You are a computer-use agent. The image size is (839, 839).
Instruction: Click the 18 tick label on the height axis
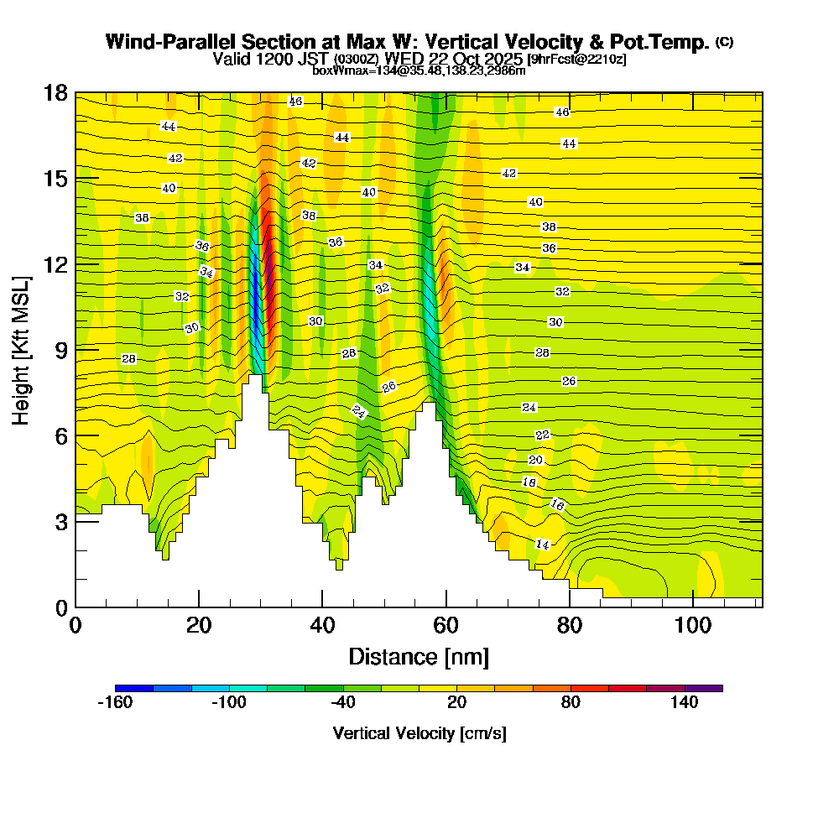pyautogui.click(x=56, y=92)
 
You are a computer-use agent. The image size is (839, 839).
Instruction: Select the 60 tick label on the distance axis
pyautogui.click(x=446, y=625)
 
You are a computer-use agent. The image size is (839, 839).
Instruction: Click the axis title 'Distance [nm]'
pyautogui.click(x=419, y=656)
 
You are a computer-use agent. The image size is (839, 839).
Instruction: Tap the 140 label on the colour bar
pyautogui.click(x=685, y=703)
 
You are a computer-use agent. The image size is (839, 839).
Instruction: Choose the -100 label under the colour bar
pyautogui.click(x=228, y=703)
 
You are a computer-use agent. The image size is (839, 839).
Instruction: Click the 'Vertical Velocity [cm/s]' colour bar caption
pyautogui.click(x=419, y=733)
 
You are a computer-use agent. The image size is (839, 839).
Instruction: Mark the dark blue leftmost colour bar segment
pyautogui.click(x=134, y=688)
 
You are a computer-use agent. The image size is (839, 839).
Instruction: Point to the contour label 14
pyautogui.click(x=543, y=545)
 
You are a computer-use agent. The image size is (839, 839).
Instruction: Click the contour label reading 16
pyautogui.click(x=557, y=504)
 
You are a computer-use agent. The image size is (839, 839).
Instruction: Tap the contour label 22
pyautogui.click(x=543, y=435)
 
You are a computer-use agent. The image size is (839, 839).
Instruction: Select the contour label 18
pyautogui.click(x=529, y=482)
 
